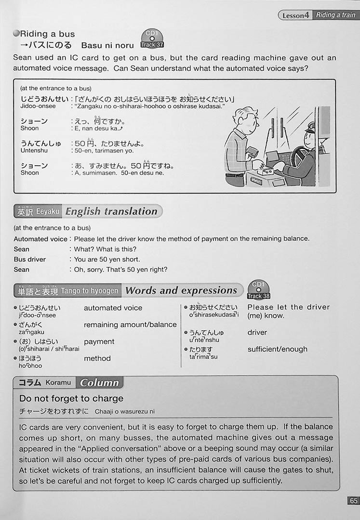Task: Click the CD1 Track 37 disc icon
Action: point(152,39)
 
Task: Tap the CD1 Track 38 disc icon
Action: point(258,290)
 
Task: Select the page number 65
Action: point(353,501)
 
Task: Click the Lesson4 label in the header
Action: point(295,15)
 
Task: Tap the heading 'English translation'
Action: point(111,211)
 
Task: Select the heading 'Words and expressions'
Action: point(181,290)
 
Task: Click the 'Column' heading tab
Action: point(99,383)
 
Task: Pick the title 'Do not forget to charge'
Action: point(71,399)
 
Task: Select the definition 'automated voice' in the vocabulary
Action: point(113,308)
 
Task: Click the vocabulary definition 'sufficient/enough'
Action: point(277,349)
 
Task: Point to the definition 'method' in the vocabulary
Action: point(97,358)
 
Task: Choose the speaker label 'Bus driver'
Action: point(30,259)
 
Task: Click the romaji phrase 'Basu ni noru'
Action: point(107,45)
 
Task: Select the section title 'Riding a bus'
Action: point(47,34)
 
